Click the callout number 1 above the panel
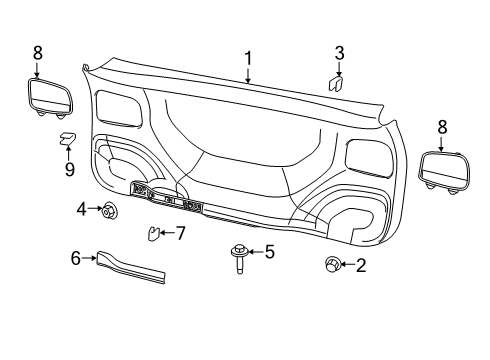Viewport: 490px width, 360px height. click(248, 57)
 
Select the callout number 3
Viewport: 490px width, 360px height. click(339, 53)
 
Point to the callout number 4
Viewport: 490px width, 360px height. click(82, 208)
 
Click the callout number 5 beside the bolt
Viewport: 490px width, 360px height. click(269, 252)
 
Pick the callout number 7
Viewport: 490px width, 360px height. click(181, 233)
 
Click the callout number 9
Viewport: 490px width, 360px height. click(69, 169)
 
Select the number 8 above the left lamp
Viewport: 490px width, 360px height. click(37, 52)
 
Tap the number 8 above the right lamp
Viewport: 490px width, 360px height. click(441, 127)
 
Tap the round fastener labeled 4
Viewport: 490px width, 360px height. click(109, 210)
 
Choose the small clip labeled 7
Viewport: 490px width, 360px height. click(153, 235)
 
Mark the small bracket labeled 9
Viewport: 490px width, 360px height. click(68, 139)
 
